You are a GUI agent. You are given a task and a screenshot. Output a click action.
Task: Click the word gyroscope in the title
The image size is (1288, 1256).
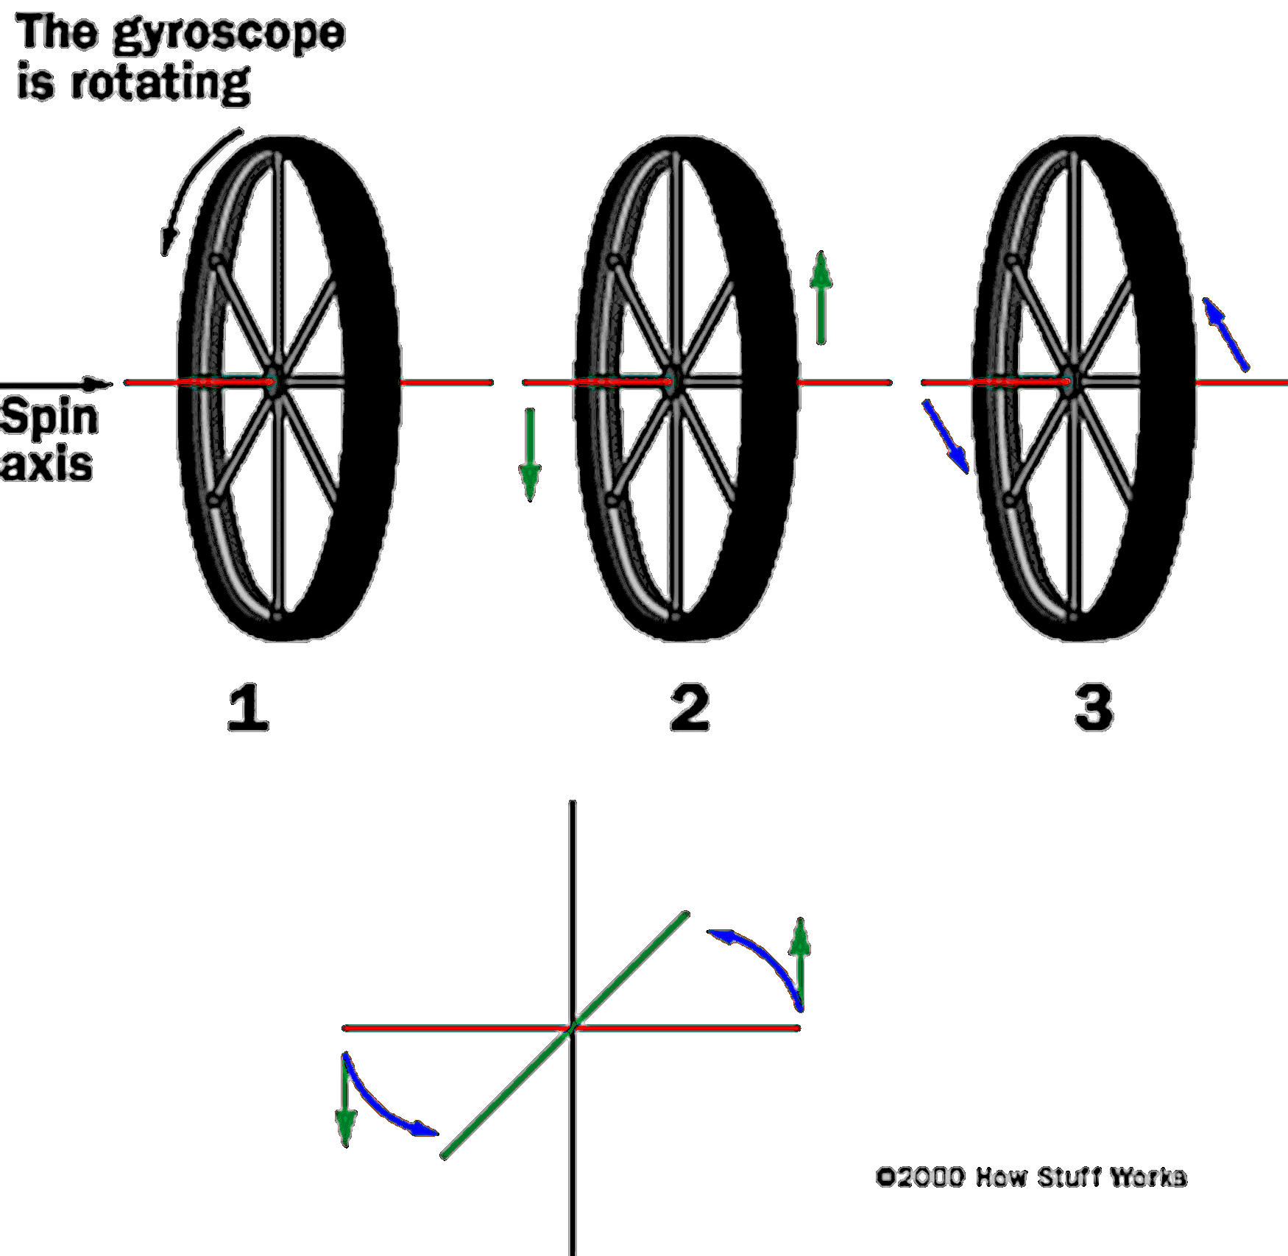click(x=230, y=35)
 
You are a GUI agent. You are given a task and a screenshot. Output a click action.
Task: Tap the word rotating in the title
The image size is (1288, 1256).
click(x=160, y=83)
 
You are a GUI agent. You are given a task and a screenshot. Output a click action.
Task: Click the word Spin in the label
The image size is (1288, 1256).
click(x=49, y=418)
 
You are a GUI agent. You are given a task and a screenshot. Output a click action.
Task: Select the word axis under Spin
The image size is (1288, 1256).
click(x=47, y=464)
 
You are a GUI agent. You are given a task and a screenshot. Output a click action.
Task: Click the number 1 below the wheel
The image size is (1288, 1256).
click(x=248, y=708)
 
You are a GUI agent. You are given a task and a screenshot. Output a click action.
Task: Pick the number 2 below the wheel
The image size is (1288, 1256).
click(x=690, y=708)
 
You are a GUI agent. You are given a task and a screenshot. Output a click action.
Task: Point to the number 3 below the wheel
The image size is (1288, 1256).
click(x=1094, y=708)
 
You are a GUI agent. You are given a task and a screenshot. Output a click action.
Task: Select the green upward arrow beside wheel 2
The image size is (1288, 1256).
click(x=821, y=298)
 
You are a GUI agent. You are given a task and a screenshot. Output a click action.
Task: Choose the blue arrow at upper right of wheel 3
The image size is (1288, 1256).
click(x=1225, y=334)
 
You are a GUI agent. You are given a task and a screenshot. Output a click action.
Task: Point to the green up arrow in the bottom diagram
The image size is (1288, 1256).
click(x=801, y=964)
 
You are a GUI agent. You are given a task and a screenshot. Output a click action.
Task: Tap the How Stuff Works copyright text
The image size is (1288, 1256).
click(x=1030, y=1177)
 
